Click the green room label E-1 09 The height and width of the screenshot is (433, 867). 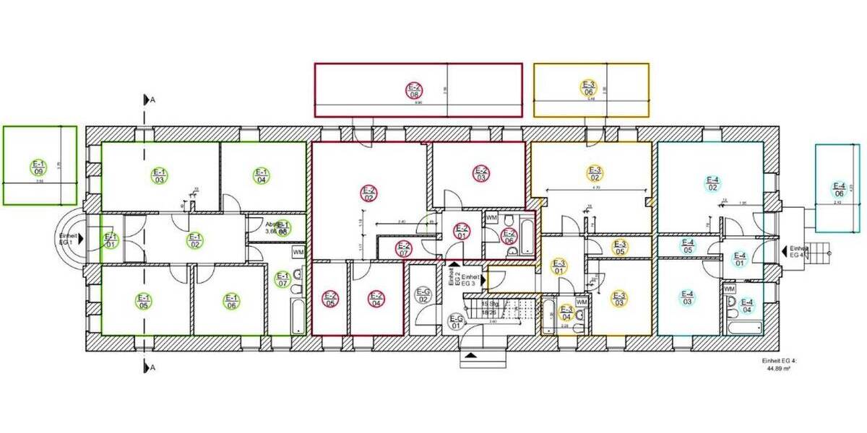38,167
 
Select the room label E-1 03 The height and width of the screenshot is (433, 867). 159,175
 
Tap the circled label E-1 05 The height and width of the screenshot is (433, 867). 143,301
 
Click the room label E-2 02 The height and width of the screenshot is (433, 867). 368,193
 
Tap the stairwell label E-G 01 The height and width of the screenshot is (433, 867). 457,321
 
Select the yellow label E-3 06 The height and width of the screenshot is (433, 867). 588,87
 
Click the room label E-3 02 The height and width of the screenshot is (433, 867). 595,173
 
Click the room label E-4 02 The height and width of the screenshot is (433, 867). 713,183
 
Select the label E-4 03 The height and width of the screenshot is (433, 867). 688,297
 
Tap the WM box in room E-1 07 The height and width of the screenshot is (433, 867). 298,253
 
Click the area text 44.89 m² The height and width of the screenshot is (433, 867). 780,368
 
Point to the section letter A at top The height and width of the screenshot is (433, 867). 152,100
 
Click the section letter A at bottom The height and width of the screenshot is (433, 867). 152,367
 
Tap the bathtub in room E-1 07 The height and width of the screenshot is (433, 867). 298,315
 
